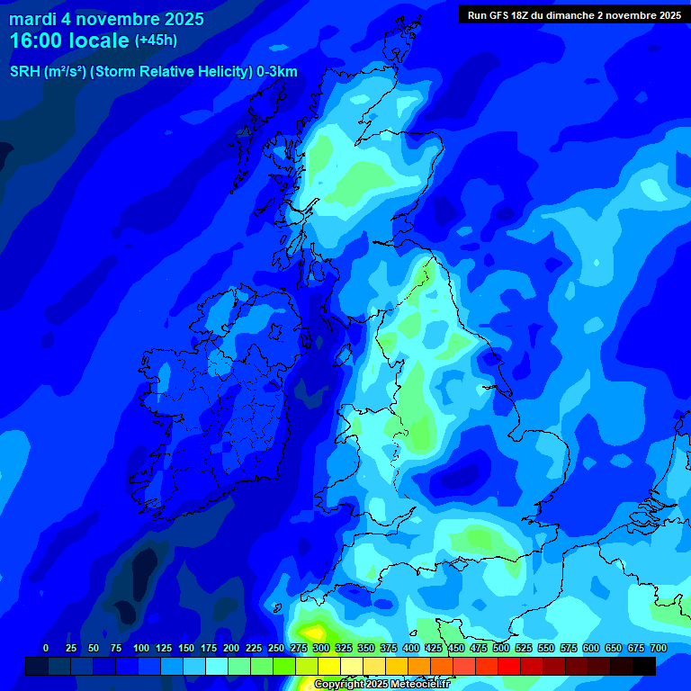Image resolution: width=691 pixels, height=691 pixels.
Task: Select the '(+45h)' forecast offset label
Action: [x=156, y=40]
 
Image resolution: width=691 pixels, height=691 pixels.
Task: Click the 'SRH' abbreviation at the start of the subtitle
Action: [x=24, y=72]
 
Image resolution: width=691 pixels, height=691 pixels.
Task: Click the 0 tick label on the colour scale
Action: [x=46, y=648]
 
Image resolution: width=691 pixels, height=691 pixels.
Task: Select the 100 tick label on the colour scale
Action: [x=140, y=648]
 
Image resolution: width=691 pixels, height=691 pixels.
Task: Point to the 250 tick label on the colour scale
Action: [x=276, y=648]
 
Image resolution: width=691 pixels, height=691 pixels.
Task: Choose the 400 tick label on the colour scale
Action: [x=411, y=648]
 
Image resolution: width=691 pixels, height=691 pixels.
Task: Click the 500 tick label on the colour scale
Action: [x=501, y=648]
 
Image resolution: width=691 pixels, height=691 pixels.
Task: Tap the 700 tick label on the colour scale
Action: [x=659, y=648]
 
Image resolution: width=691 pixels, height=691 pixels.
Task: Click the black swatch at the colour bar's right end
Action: [x=644, y=666]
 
